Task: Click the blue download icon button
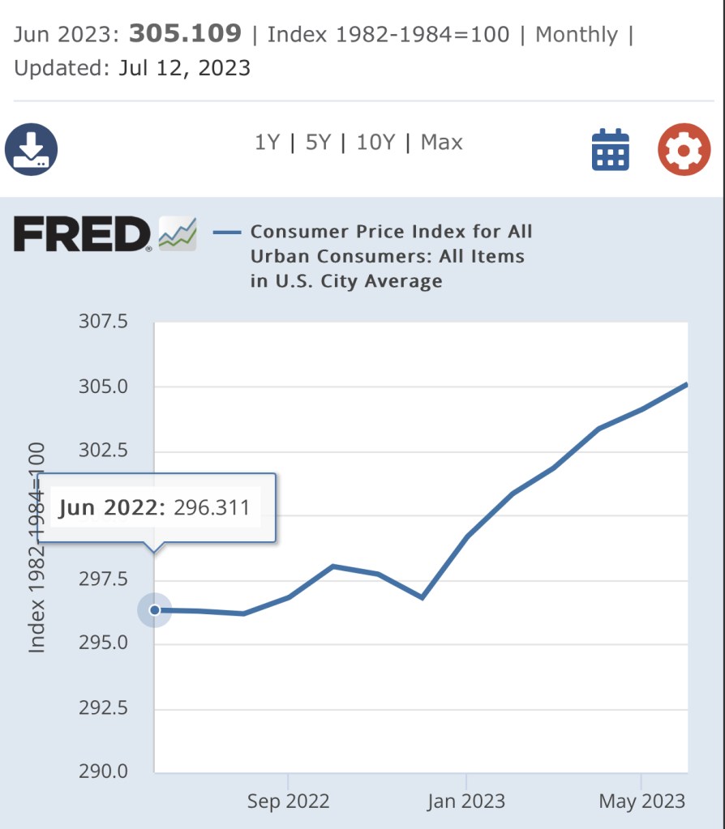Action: pos(32,150)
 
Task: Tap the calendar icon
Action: pos(611,150)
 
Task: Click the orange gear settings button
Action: pos(684,150)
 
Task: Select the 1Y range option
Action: pos(267,143)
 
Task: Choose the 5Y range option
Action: pos(319,143)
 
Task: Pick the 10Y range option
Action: pos(375,143)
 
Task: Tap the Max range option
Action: pos(442,143)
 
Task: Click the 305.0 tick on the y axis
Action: pos(103,387)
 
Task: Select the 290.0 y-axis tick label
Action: pos(103,771)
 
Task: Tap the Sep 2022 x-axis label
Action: pos(288,802)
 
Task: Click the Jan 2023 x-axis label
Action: pos(466,802)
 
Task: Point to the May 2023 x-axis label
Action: pos(641,802)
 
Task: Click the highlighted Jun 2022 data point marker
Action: pos(154,610)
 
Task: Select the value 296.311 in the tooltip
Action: pos(212,508)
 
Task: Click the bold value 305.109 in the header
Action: pos(185,34)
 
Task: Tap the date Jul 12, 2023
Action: pos(184,68)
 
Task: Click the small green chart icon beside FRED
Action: pos(178,233)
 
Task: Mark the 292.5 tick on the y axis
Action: pos(103,707)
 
